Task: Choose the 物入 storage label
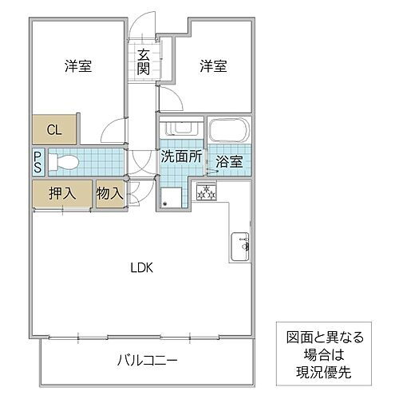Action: coord(110,194)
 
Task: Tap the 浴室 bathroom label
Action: coord(230,161)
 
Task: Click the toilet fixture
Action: coord(64,163)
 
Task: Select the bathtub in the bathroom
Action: coord(230,132)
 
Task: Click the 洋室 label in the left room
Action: coord(77,67)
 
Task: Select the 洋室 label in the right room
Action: coord(214,67)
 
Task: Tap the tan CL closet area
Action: coord(54,129)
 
